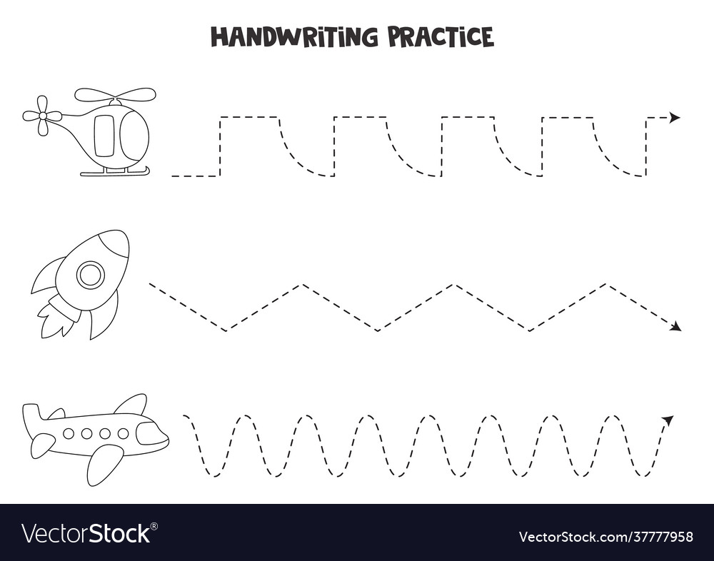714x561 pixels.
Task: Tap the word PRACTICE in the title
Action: (x=441, y=36)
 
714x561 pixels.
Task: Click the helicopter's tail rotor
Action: (x=42, y=116)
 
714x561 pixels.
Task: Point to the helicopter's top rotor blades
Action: (x=115, y=95)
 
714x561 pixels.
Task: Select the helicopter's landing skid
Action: (x=115, y=172)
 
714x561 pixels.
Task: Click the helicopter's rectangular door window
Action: (x=104, y=136)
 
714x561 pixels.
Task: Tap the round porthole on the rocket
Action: (x=91, y=274)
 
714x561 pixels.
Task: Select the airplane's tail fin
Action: (x=32, y=418)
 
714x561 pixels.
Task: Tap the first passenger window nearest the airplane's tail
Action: (x=69, y=433)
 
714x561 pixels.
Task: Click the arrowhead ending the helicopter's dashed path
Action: (x=674, y=118)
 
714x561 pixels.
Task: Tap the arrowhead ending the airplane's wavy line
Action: (x=668, y=420)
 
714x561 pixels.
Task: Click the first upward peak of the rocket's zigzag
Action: (x=302, y=285)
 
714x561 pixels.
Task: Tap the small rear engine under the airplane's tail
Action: (x=42, y=445)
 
